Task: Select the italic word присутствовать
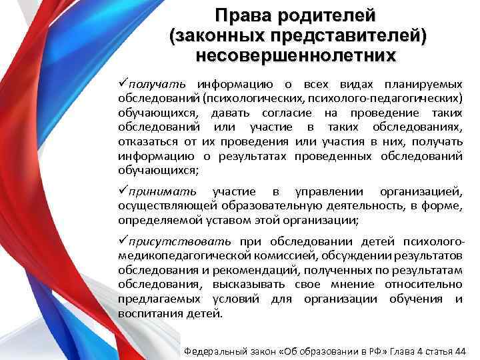coord(181,241)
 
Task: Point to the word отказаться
coord(146,141)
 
